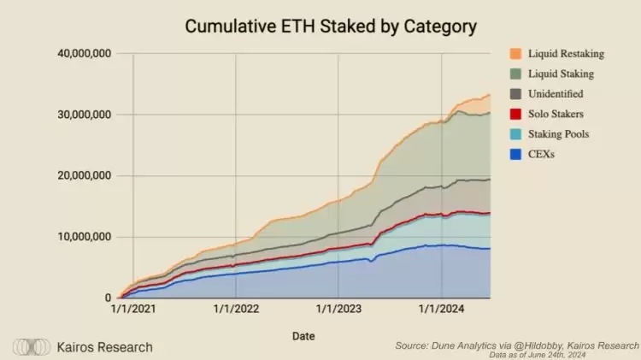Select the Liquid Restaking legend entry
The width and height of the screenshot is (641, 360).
pyautogui.click(x=567, y=54)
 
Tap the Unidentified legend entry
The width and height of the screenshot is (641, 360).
pyautogui.click(x=558, y=94)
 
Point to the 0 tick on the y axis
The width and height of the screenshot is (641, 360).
pyautogui.click(x=108, y=298)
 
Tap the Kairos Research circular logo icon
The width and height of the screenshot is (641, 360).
pyautogui.click(x=31, y=347)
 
